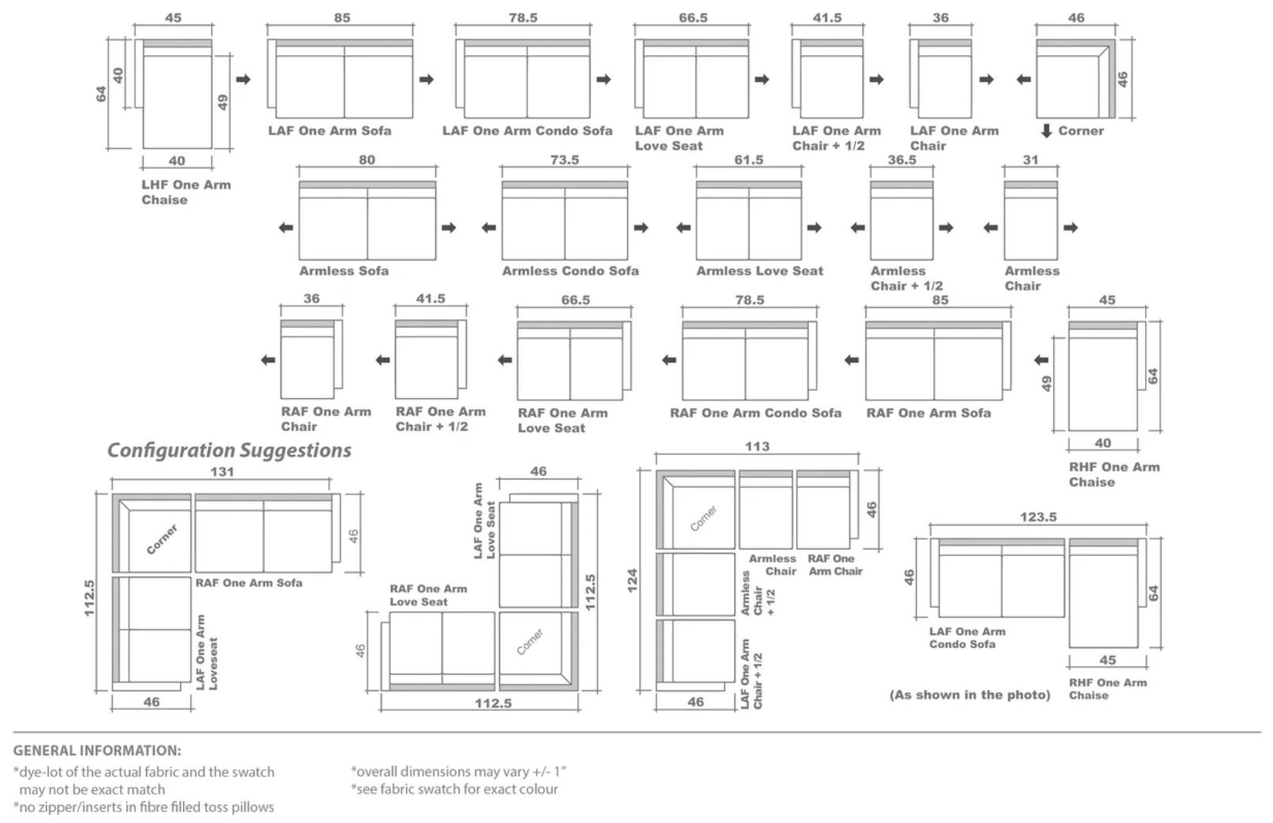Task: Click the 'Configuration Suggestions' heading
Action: coord(229,450)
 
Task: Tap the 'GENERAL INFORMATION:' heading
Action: coord(97,750)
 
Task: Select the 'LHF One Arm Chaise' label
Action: coord(186,192)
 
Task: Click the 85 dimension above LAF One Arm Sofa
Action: coord(342,17)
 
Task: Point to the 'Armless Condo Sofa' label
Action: coord(570,271)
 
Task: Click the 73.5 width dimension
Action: coord(565,160)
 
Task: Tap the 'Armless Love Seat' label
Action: coord(760,271)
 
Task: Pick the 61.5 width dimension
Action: coord(749,160)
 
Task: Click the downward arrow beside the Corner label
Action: coord(1046,131)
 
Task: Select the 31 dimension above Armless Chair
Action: coord(1031,160)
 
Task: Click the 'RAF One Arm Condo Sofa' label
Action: coord(755,413)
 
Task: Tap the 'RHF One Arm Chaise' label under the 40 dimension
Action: coord(1114,475)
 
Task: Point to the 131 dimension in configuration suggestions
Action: coord(222,472)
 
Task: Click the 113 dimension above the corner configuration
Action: coord(757,446)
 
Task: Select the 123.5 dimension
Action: coord(1038,517)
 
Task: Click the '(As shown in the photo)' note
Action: coord(970,694)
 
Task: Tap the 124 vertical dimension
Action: coord(632,581)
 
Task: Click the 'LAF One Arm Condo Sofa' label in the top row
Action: coord(528,131)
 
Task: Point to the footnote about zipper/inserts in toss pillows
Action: coord(143,807)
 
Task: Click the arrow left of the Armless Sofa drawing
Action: coord(286,228)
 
